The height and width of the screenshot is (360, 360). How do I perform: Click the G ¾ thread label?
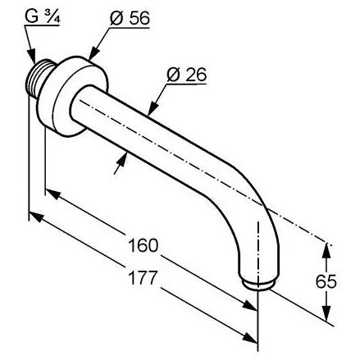43,16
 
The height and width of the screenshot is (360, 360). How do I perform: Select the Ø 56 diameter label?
130,18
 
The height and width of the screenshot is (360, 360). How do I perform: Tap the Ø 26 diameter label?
187,75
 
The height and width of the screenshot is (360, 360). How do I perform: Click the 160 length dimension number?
144,245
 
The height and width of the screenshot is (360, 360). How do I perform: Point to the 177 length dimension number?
144,277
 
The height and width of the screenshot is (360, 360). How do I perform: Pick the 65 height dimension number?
326,281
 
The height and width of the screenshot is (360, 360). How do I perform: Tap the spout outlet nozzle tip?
258,285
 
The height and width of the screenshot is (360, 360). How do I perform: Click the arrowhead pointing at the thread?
32,56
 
